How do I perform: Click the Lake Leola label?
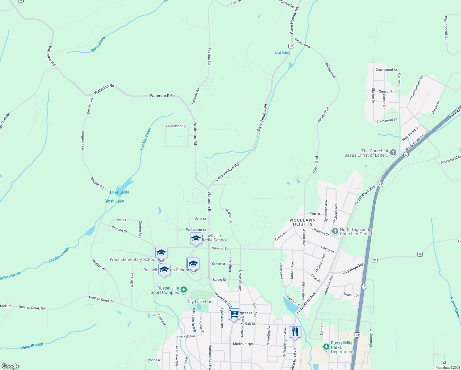(120, 192)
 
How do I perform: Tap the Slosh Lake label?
(114, 201)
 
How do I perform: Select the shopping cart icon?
(234, 314)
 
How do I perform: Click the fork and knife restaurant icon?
(295, 332)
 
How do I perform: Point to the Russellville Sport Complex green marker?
(184, 290)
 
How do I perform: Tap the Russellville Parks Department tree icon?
(326, 347)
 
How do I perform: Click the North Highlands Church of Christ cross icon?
(335, 231)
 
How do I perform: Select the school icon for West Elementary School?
(161, 253)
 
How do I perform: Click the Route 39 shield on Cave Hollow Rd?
(291, 46)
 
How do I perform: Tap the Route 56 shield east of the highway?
(420, 254)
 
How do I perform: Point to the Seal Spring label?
(283, 53)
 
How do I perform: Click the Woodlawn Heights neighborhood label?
(303, 222)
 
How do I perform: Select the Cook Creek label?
(99, 44)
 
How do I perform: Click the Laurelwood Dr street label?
(177, 126)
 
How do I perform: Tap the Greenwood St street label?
(386, 70)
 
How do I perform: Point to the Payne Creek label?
(455, 307)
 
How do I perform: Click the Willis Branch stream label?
(32, 346)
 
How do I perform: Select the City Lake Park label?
(200, 302)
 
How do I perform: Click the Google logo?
(10, 366)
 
